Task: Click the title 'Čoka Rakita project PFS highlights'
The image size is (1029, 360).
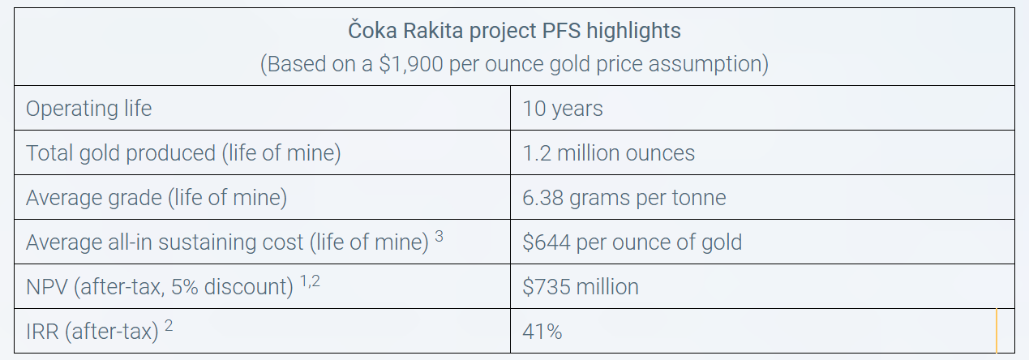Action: [514, 32]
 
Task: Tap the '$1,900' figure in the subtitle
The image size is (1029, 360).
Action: [410, 64]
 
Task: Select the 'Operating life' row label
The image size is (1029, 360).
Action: [88, 109]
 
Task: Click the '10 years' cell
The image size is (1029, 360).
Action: [563, 109]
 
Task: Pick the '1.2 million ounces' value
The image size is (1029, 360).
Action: [609, 153]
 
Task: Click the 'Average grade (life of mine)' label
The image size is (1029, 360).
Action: [156, 198]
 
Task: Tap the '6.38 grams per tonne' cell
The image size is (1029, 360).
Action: [624, 198]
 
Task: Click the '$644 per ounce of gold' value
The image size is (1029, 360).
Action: [632, 242]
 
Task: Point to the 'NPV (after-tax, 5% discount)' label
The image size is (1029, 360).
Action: [160, 287]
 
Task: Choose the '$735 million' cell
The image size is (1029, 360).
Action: [581, 287]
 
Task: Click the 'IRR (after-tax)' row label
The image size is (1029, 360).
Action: [92, 332]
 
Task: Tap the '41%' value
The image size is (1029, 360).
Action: [542, 332]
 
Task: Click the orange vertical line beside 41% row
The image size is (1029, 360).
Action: [996, 330]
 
